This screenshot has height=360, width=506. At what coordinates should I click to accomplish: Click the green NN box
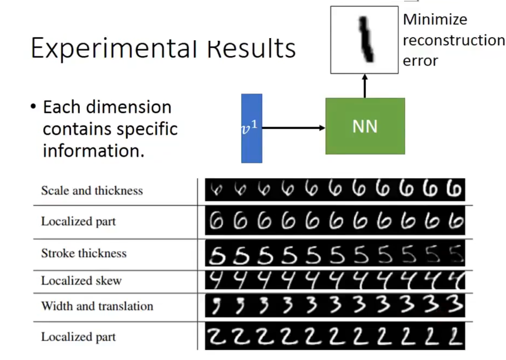pos(365,126)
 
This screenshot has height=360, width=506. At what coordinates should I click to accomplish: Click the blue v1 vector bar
pos(251,128)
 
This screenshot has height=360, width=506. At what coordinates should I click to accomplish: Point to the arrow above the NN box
pos(365,85)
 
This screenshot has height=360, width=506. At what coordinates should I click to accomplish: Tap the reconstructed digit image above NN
pos(364,39)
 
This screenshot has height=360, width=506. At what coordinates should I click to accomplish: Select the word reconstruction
pos(453,40)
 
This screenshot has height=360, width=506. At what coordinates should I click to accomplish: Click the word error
pos(420,61)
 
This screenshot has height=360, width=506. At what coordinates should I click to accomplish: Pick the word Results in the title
pos(251,48)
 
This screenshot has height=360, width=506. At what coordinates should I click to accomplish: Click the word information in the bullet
pos(93,151)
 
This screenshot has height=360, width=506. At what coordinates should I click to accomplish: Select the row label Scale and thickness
pos(92,191)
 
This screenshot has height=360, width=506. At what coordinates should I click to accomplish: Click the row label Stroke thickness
pos(84,253)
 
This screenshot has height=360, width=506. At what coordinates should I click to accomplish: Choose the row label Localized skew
pos(81,281)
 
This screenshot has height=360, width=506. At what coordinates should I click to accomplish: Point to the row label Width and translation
pos(97,306)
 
